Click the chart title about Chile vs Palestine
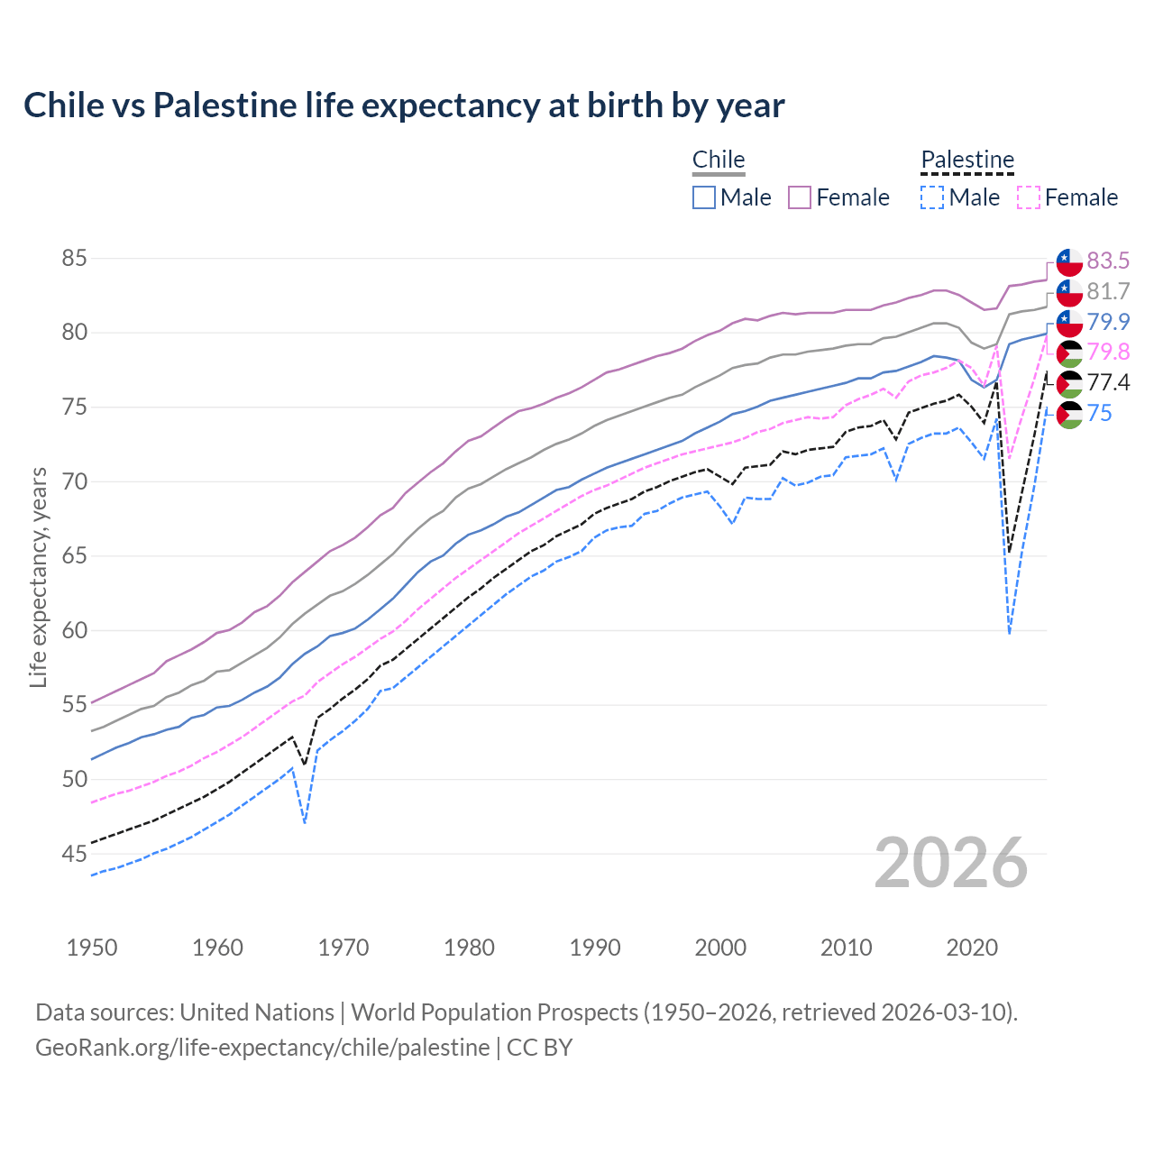[x=404, y=105]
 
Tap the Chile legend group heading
[x=719, y=160]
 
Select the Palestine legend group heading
[x=967, y=160]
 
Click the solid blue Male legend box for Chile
[x=704, y=197]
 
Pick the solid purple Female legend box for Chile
[x=800, y=197]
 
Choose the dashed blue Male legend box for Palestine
[x=932, y=197]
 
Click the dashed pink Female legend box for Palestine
[x=1029, y=197]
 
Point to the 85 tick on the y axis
[x=74, y=259]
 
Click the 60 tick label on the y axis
[x=74, y=630]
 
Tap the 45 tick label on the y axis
[x=74, y=854]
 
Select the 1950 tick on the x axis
[x=92, y=948]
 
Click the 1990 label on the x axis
[x=595, y=948]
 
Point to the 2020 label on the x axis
[x=972, y=948]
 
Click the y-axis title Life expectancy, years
[x=38, y=577]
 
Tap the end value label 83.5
[x=1108, y=261]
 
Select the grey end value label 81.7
[x=1108, y=292]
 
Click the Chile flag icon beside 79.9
[x=1069, y=323]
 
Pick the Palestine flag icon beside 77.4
[x=1069, y=384]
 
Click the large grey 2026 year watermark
[x=951, y=864]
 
